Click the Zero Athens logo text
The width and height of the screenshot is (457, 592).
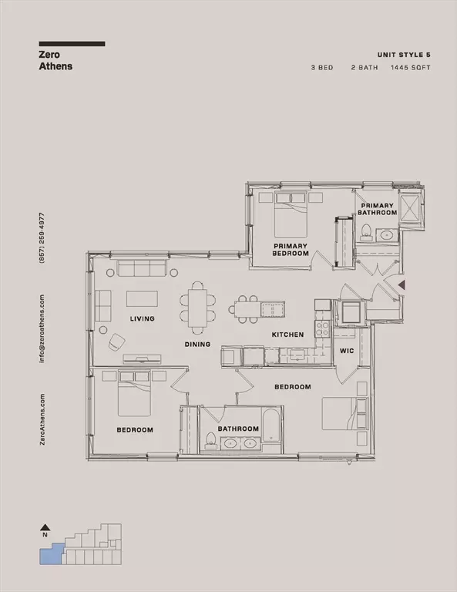pos(55,60)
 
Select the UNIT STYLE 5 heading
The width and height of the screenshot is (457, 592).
pos(403,55)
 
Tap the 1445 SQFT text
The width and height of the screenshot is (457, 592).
pos(412,68)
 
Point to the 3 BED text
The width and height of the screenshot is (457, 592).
pos(322,68)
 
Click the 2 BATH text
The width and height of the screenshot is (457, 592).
pos(366,68)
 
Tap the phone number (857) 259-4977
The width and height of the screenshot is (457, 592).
pos(42,239)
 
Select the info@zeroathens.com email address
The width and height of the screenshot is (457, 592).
pos(42,328)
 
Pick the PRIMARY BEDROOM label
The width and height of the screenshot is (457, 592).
pos(291,250)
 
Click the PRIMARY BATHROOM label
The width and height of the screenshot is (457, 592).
pos(378,209)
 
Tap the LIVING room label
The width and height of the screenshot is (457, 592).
pos(143,318)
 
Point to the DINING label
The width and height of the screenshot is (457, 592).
pos(198,345)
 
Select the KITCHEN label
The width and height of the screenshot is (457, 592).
pos(287,335)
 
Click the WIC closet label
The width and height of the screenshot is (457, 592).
pos(346,351)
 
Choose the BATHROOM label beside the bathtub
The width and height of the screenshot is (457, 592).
pos(237,429)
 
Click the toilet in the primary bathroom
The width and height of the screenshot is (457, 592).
pos(367,232)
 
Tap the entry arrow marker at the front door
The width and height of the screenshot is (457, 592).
pos(401,286)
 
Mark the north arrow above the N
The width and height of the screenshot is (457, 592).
pos(45,527)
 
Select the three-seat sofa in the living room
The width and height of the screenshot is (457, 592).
pos(143,268)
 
